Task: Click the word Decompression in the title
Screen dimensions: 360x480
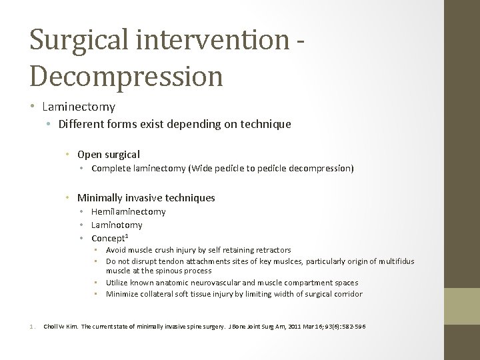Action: pos(126,75)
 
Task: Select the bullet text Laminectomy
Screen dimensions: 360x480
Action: pos(78,107)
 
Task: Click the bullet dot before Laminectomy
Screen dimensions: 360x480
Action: pos(33,107)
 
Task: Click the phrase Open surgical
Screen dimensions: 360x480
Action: pos(109,155)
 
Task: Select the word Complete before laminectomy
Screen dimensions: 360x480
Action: pos(111,169)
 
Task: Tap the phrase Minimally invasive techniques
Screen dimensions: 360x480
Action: pos(146,198)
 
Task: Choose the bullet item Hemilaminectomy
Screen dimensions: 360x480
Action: pos(129,212)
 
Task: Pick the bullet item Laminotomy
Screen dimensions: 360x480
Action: pos(117,225)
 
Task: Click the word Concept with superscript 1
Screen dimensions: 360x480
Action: pos(109,238)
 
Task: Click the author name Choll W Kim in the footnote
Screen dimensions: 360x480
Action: pos(61,326)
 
